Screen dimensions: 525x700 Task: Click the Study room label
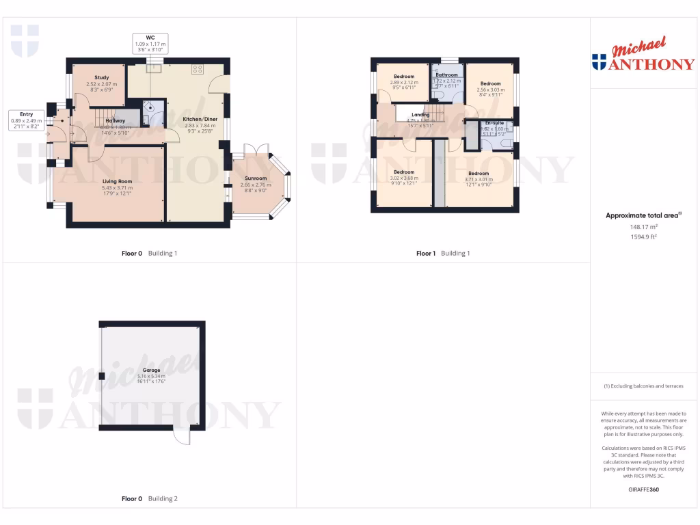101,78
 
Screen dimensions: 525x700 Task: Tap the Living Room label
116,181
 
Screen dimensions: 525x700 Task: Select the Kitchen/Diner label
199,119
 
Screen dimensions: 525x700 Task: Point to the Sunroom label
256,178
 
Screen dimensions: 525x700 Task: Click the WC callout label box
151,44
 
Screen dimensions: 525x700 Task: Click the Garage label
151,370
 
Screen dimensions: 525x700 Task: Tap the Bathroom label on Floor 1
446,75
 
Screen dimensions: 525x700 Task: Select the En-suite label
494,122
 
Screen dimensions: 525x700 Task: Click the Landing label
420,115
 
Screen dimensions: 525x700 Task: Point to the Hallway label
115,120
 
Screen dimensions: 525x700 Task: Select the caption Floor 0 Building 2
149,499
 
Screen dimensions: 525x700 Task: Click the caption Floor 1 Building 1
443,254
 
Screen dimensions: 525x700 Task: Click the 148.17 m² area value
643,227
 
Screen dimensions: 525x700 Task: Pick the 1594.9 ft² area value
643,237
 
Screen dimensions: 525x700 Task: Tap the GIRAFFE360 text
643,489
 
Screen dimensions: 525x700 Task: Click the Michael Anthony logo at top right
643,56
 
